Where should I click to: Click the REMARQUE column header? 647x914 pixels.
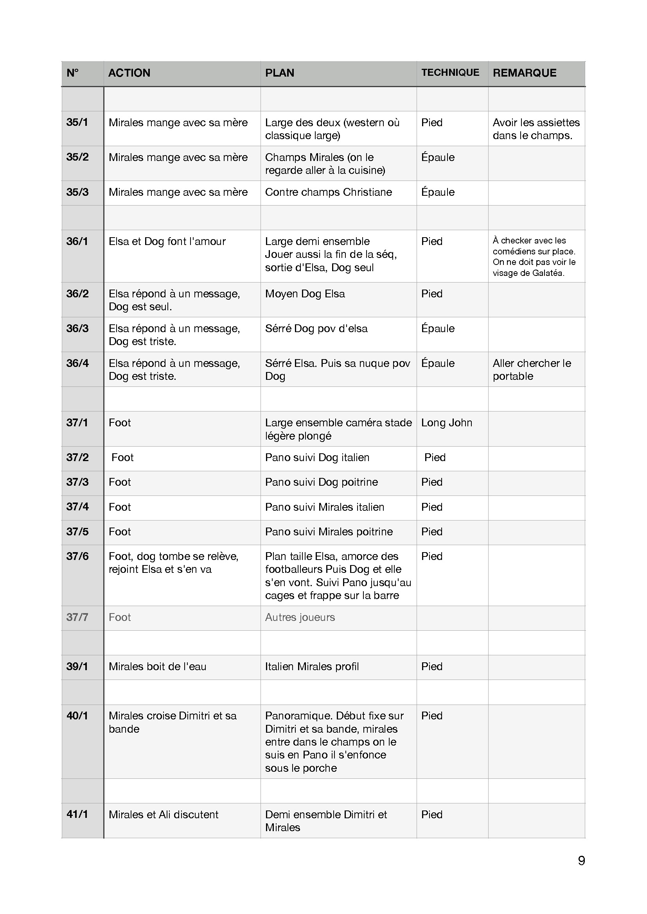click(x=524, y=73)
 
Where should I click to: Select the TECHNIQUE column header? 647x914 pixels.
click(x=450, y=72)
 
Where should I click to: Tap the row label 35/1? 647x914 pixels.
click(x=77, y=122)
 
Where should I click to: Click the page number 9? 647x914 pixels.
click(x=581, y=860)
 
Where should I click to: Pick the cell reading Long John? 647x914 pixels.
click(x=447, y=423)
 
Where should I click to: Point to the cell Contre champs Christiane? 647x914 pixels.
click(x=328, y=192)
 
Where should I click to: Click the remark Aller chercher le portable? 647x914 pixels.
click(x=532, y=369)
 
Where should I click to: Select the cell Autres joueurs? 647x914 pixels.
click(x=300, y=617)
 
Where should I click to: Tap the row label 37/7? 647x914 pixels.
click(x=77, y=617)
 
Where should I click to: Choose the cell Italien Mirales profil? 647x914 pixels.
click(x=312, y=667)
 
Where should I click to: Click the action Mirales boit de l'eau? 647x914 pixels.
click(x=157, y=667)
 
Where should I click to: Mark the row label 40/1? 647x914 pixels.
click(x=77, y=716)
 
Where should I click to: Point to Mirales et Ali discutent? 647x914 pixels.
click(x=164, y=815)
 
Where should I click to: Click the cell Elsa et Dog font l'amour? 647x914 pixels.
click(x=167, y=241)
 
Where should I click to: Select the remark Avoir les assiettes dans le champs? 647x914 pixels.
click(x=536, y=129)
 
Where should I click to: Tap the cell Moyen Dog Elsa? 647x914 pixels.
click(x=305, y=294)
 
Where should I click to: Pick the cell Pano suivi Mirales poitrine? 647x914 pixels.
click(x=329, y=532)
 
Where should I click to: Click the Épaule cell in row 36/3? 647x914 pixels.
click(x=438, y=329)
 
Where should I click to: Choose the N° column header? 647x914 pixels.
click(x=72, y=73)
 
